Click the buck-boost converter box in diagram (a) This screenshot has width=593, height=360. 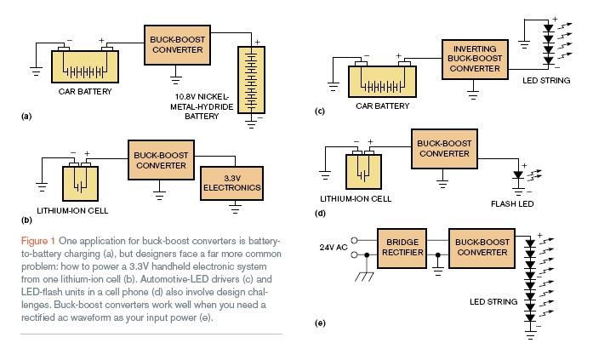tap(177, 43)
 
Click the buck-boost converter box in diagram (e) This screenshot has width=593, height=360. tap(481, 249)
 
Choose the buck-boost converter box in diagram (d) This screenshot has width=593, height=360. tap(445, 147)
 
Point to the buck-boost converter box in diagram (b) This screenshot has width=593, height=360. tap(161, 158)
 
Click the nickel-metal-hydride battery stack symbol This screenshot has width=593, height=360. tap(252, 78)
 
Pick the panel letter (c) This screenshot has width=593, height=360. tap(320, 111)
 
